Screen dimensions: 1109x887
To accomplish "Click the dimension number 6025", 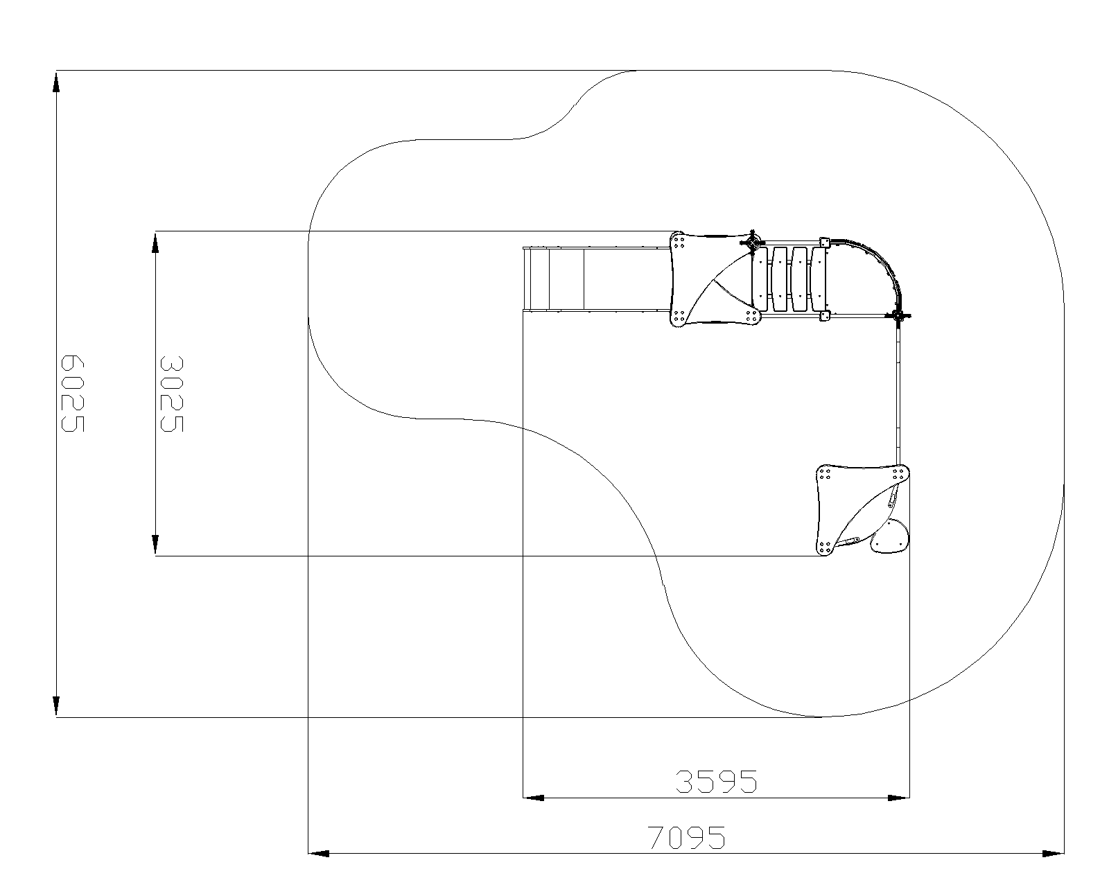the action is point(73,393).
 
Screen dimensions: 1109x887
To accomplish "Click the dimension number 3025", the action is point(172,394).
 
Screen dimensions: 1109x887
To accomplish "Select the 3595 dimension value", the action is point(716,782).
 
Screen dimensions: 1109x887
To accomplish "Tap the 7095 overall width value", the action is point(686,838).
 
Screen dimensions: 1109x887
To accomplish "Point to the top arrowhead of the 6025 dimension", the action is point(56,82).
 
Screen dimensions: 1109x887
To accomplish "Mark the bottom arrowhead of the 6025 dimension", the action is point(56,705).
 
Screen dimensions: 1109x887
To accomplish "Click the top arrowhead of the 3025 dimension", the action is point(155,243).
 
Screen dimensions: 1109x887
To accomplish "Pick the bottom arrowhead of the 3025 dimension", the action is point(155,545).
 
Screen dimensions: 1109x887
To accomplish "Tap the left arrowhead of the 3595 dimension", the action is point(534,798).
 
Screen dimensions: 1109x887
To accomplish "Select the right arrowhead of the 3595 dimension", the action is point(899,798).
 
